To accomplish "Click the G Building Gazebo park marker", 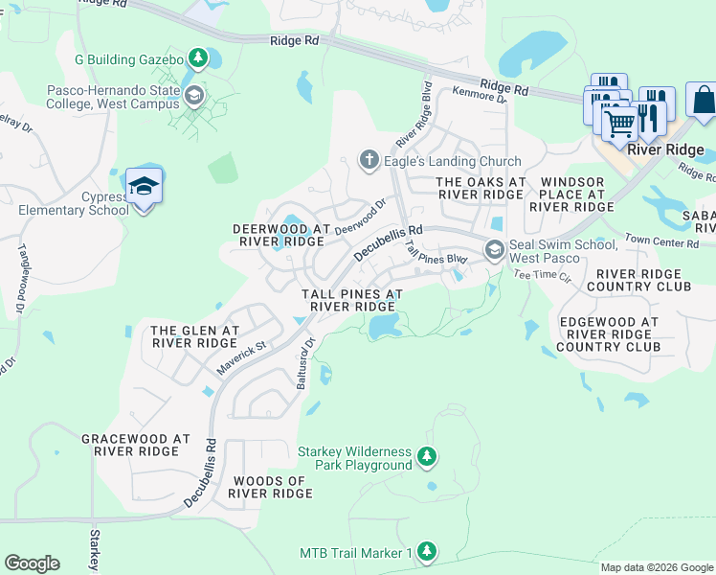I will coord(198,59).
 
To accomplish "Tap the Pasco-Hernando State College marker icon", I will coord(195,94).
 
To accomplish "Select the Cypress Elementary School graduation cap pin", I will coord(144,187).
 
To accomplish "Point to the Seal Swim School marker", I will coord(494,250).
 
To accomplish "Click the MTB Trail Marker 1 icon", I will coord(427,552).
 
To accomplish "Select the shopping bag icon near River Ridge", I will coord(702,101).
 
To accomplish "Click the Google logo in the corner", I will coord(32,563).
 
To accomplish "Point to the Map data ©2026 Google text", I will coord(656,567).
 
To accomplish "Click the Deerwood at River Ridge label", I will coord(280,235).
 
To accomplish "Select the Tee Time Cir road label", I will coord(542,274).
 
